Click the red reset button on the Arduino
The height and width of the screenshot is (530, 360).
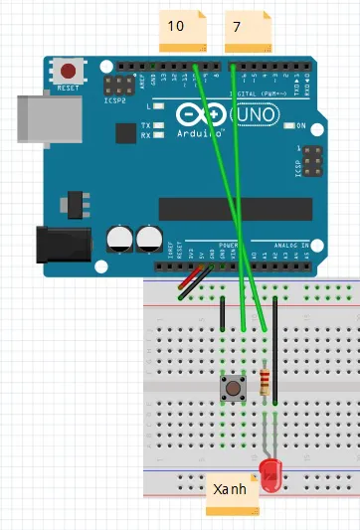tap(69, 72)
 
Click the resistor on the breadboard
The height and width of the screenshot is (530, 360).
tap(265, 382)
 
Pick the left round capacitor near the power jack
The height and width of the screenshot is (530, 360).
tap(120, 239)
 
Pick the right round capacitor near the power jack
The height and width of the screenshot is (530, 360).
tap(150, 239)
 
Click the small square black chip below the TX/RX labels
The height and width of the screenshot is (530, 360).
tap(125, 133)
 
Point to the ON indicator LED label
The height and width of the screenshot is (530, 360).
tap(299, 126)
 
